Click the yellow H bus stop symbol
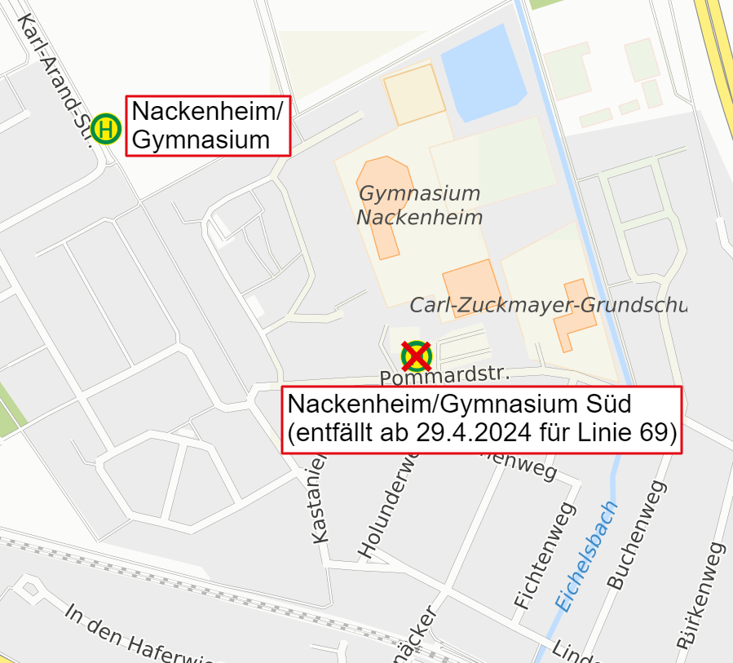106,128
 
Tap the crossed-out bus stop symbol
416,356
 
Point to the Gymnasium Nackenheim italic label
419,206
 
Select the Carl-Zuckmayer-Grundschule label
547,305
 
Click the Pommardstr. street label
444,376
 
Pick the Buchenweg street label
636,535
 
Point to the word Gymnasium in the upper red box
201,139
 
